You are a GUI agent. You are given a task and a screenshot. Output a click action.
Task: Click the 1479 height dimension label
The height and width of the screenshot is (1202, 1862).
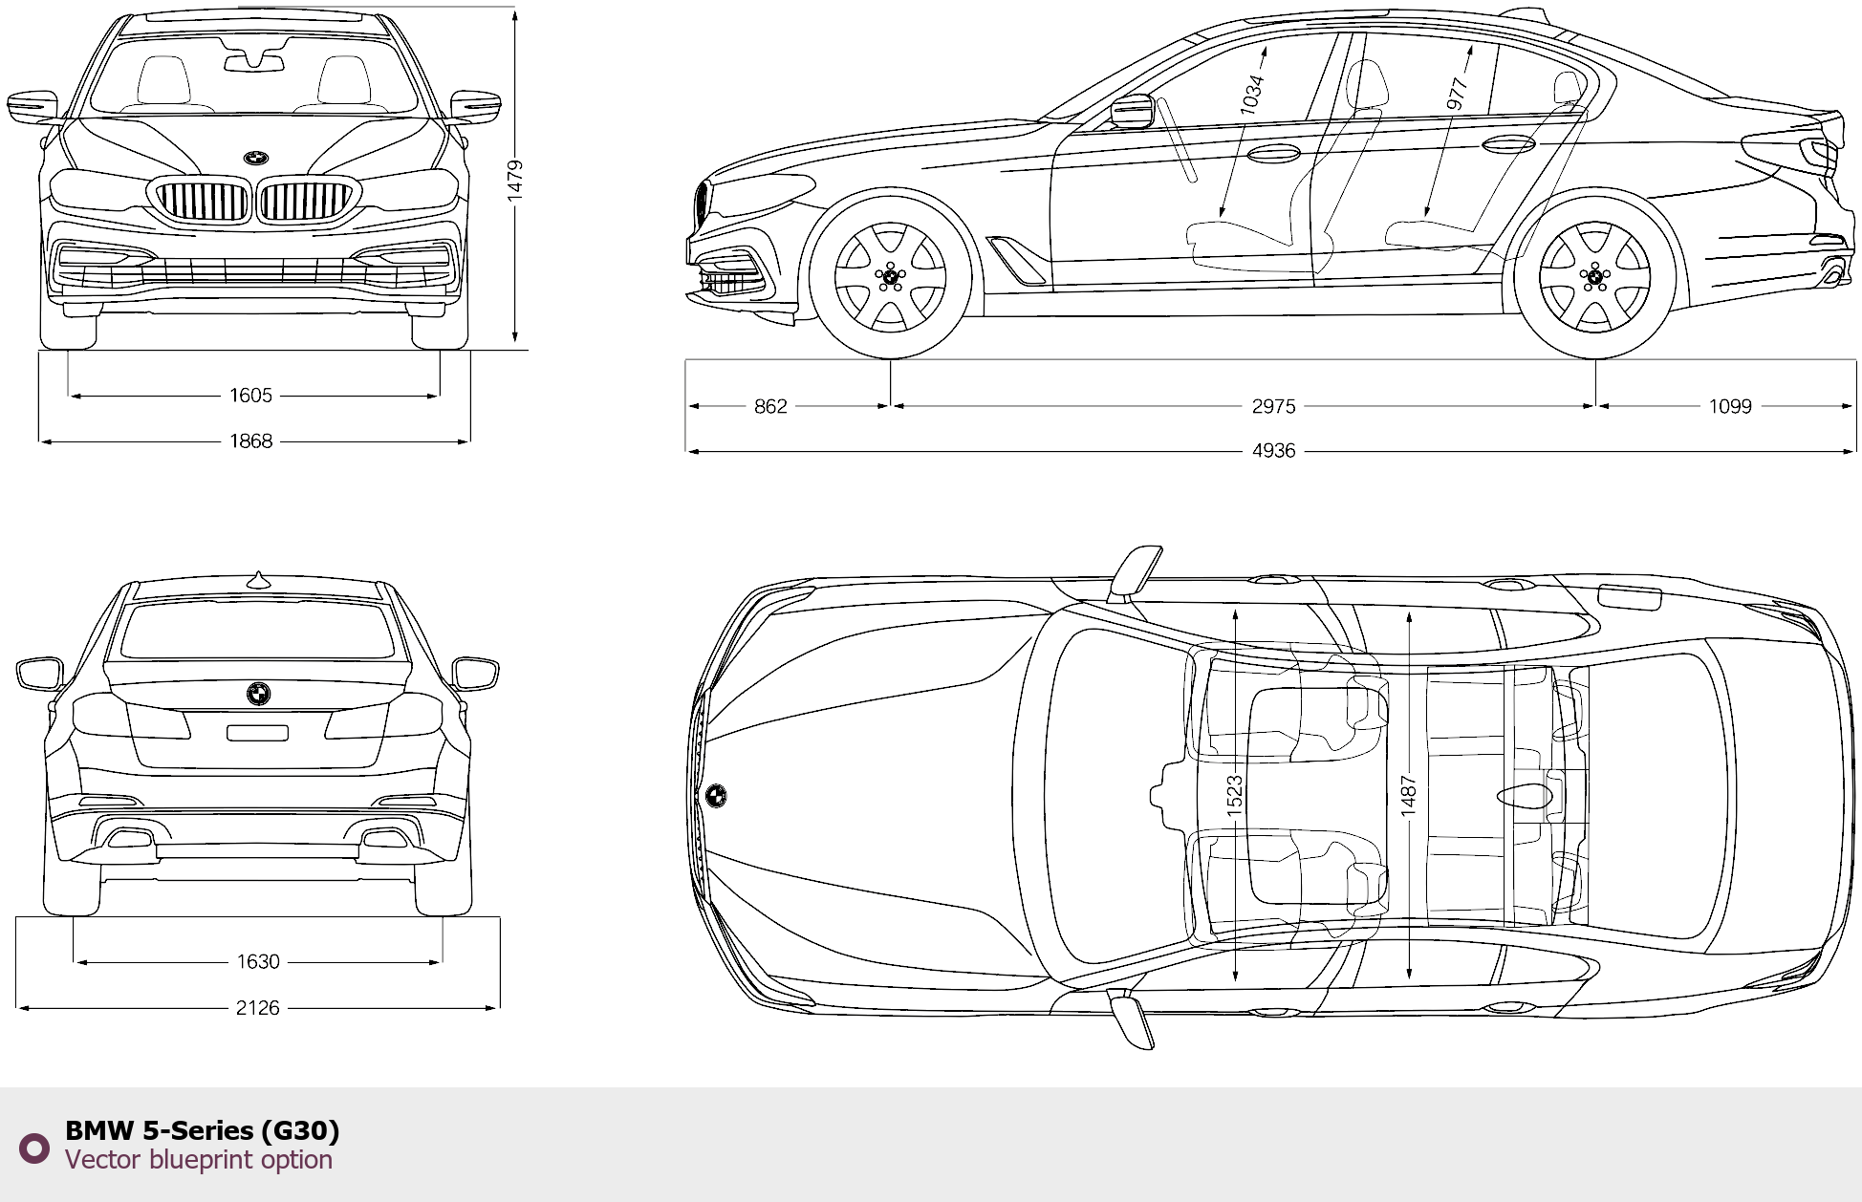[x=514, y=180]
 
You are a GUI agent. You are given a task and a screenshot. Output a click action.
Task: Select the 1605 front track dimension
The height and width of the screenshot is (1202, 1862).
[x=250, y=396]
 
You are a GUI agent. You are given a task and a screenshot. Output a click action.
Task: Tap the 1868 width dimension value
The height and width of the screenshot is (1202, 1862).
[x=250, y=441]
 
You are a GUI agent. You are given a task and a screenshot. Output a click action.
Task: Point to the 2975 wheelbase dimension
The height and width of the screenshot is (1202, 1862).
[x=1273, y=407]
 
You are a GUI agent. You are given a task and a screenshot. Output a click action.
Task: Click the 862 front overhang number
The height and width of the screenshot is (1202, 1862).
[x=770, y=407]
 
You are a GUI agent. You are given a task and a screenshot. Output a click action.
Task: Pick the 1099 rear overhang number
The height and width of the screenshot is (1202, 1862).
[x=1730, y=407]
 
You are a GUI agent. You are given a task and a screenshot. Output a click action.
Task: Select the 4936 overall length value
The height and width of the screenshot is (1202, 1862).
[x=1273, y=451]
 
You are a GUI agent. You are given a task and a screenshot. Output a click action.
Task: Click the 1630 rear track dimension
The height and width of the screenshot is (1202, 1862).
[x=258, y=962]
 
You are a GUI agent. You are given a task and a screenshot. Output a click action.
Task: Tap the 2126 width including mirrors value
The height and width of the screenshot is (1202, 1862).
[x=258, y=1008]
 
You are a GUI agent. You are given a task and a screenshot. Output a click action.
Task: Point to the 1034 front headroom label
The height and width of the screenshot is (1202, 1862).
[x=1252, y=95]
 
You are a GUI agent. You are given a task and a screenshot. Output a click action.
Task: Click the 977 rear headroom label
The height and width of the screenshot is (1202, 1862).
[x=1457, y=94]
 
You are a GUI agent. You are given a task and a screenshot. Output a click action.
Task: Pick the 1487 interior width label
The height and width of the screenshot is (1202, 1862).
[x=1409, y=795]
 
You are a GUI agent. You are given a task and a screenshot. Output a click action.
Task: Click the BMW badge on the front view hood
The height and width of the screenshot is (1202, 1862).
[x=255, y=159]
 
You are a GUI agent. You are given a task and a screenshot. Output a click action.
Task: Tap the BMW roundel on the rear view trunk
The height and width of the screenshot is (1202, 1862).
[x=258, y=694]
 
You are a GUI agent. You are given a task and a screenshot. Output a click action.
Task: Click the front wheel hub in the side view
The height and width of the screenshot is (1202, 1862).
[x=891, y=277]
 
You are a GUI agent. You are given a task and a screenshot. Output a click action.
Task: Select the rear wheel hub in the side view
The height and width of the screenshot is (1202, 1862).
[x=1594, y=277]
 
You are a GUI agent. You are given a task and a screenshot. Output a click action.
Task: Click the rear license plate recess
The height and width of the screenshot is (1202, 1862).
[x=257, y=733]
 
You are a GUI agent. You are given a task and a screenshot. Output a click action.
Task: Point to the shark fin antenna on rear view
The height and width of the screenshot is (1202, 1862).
[x=258, y=579]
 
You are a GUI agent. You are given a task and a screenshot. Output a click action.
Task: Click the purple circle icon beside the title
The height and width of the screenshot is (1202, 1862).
[x=34, y=1148]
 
